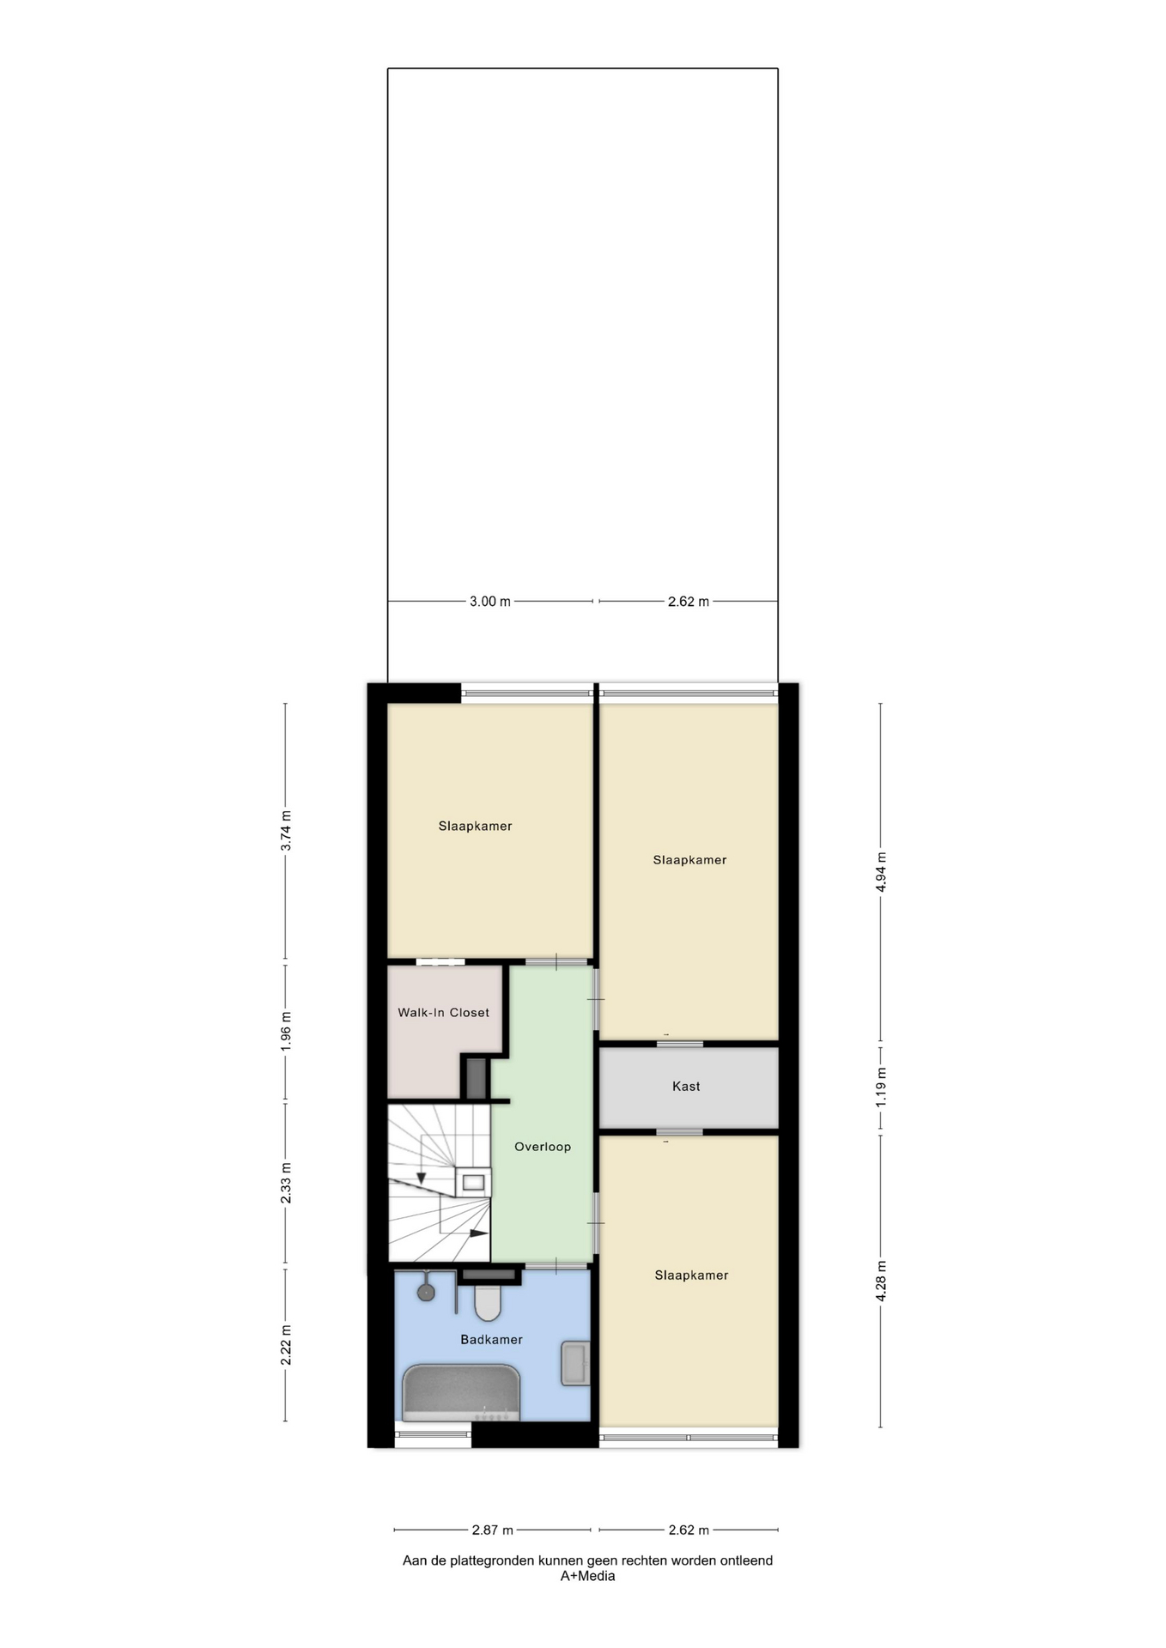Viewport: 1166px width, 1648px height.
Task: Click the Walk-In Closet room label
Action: click(443, 1013)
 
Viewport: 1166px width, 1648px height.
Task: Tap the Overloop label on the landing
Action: click(543, 1147)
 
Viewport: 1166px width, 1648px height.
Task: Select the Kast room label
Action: click(686, 1087)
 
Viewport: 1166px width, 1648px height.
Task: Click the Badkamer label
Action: click(491, 1340)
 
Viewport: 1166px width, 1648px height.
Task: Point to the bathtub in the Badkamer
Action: click(462, 1392)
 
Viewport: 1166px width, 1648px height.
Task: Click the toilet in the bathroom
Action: click(488, 1301)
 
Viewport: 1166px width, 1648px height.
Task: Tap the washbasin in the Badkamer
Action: click(575, 1363)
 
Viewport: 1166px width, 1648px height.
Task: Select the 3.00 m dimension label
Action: click(490, 602)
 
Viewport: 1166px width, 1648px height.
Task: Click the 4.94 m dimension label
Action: click(881, 872)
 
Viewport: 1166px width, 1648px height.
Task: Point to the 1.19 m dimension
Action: click(881, 1087)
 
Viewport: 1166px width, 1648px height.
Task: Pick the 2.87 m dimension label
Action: click(493, 1530)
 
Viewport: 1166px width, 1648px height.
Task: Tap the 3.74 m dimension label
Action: click(286, 831)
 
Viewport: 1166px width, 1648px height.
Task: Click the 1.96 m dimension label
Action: click(286, 1031)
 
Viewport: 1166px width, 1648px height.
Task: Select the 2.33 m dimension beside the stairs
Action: click(286, 1183)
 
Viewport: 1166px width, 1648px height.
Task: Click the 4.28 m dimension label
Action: click(881, 1281)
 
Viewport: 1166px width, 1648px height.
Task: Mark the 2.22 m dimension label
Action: click(286, 1345)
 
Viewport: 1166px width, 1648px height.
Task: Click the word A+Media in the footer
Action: click(587, 1576)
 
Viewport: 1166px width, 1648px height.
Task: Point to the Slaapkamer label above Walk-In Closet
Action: click(475, 827)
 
